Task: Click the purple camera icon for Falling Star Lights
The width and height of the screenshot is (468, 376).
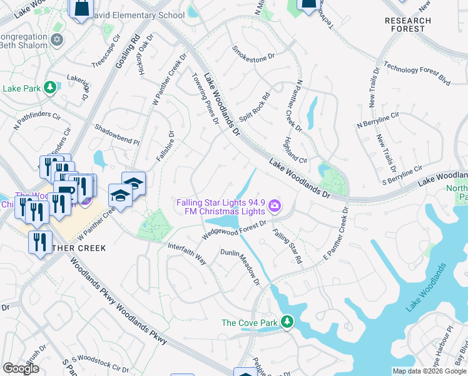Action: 274,206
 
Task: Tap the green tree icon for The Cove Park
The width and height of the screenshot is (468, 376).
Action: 287,322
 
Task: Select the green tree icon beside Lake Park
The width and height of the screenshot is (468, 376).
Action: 49,88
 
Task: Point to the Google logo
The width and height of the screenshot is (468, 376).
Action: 21,368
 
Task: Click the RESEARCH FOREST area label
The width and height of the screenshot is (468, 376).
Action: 408,24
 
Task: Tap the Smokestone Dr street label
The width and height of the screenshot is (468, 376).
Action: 253,53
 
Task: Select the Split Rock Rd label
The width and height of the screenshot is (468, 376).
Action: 262,107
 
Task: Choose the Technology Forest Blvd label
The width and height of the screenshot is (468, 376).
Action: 417,73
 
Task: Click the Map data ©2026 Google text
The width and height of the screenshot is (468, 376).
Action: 429,370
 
